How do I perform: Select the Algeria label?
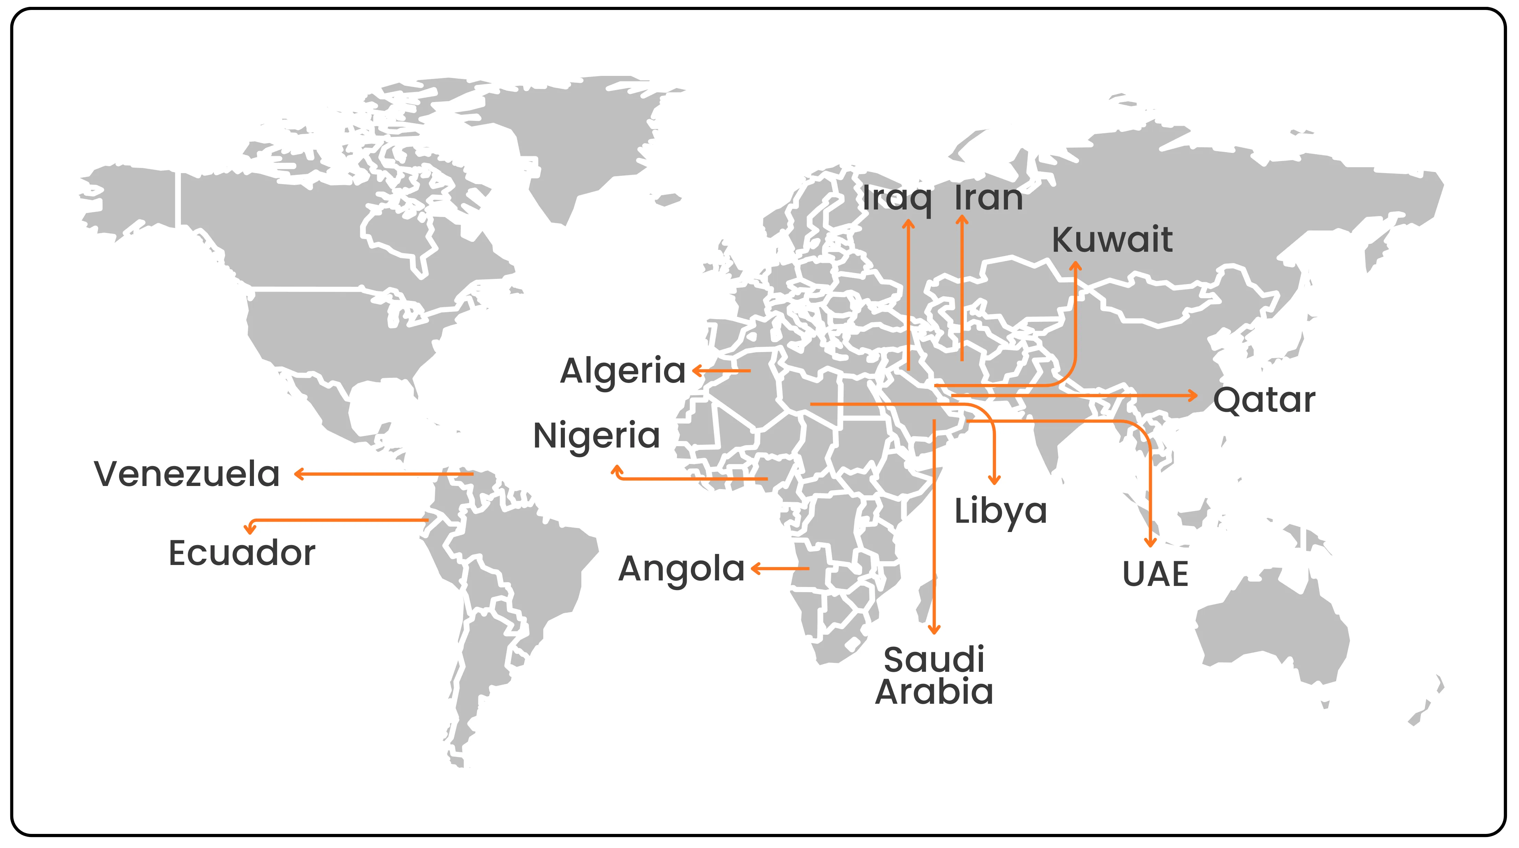(623, 371)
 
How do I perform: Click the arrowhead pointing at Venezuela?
(298, 474)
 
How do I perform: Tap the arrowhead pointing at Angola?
(755, 569)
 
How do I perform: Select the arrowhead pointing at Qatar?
(1194, 395)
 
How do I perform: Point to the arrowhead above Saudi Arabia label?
(934, 630)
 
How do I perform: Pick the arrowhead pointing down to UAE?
(1150, 542)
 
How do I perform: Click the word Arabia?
(934, 692)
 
